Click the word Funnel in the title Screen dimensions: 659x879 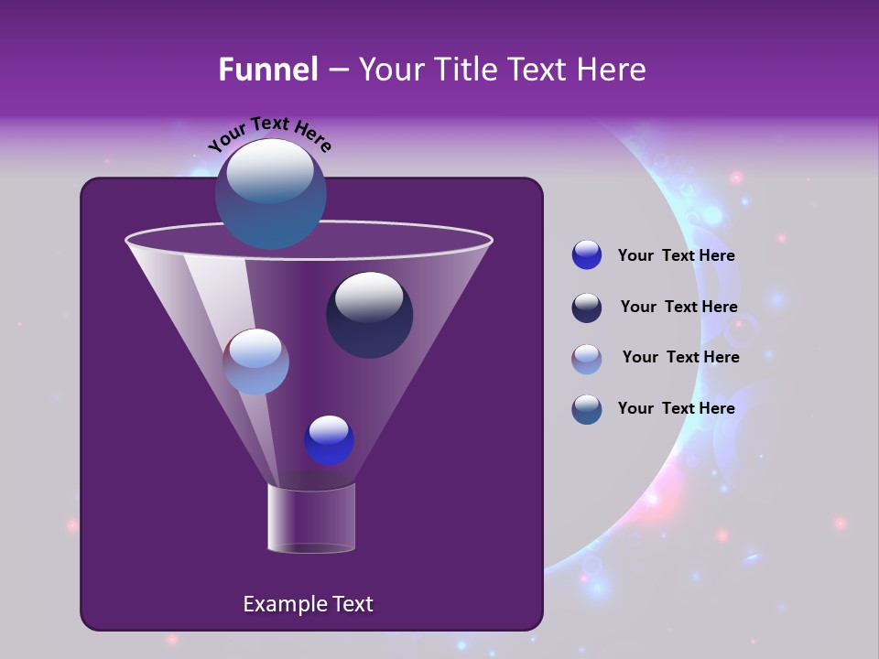[x=268, y=70]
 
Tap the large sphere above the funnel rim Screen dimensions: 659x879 [x=270, y=193]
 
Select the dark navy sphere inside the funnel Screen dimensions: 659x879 [x=369, y=317]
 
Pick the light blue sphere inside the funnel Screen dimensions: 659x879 [x=256, y=362]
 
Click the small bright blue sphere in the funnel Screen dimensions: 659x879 [x=329, y=440]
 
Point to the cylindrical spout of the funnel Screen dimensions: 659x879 [x=311, y=519]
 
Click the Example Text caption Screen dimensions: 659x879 [x=308, y=604]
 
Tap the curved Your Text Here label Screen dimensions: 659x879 [x=269, y=133]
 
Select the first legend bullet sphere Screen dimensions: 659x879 [x=587, y=255]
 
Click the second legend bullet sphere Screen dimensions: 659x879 [x=587, y=308]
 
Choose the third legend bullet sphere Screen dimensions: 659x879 [x=587, y=359]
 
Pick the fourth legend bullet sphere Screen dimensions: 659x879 [x=587, y=409]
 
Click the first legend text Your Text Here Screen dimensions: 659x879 [x=676, y=256]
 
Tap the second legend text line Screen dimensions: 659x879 [x=678, y=308]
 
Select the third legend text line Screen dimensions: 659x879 [x=680, y=358]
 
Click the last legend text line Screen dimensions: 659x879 [x=676, y=408]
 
